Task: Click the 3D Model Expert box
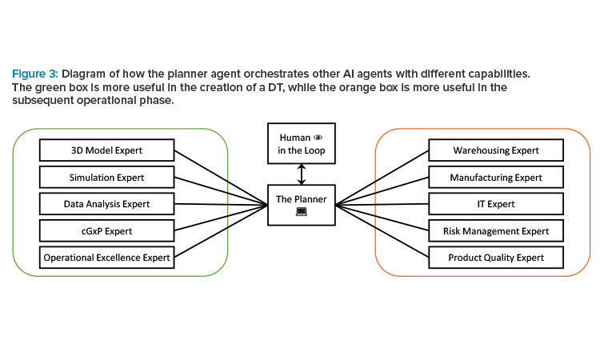click(x=106, y=150)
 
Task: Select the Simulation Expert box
click(x=106, y=177)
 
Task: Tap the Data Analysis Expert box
click(x=106, y=204)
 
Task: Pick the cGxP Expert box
click(x=106, y=230)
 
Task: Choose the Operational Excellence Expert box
click(x=106, y=258)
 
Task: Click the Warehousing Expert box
click(x=496, y=150)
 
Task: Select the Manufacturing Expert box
click(x=496, y=177)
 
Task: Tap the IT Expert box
click(x=496, y=204)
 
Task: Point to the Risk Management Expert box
click(x=496, y=230)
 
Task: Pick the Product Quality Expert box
click(x=496, y=258)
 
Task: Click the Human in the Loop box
click(x=302, y=143)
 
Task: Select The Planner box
click(x=302, y=205)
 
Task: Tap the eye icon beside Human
click(x=318, y=138)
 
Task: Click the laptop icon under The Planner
click(x=302, y=211)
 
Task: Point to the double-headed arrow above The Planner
click(x=302, y=174)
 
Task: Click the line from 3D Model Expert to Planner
click(x=221, y=178)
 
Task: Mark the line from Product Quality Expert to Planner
click(x=382, y=231)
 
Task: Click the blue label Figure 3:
click(x=35, y=74)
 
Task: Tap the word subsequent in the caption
click(x=43, y=100)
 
